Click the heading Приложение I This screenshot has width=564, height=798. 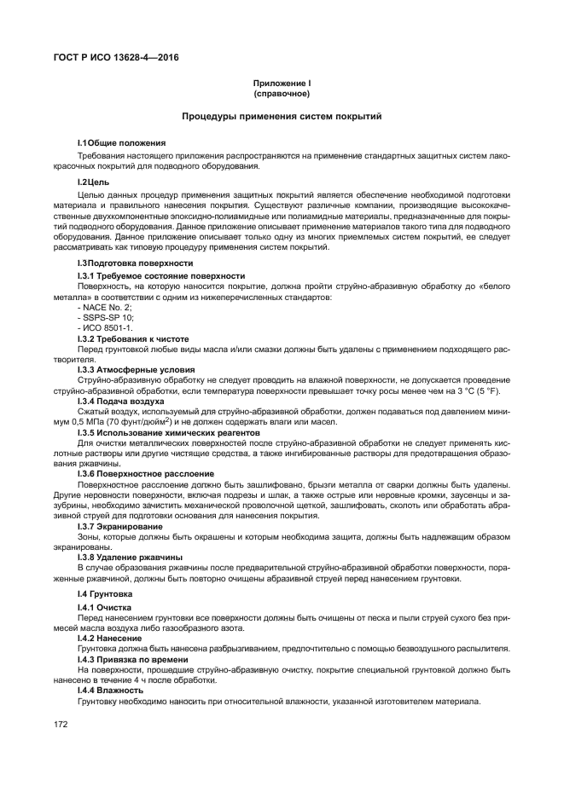[281, 83]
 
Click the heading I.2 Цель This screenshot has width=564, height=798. [93, 182]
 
